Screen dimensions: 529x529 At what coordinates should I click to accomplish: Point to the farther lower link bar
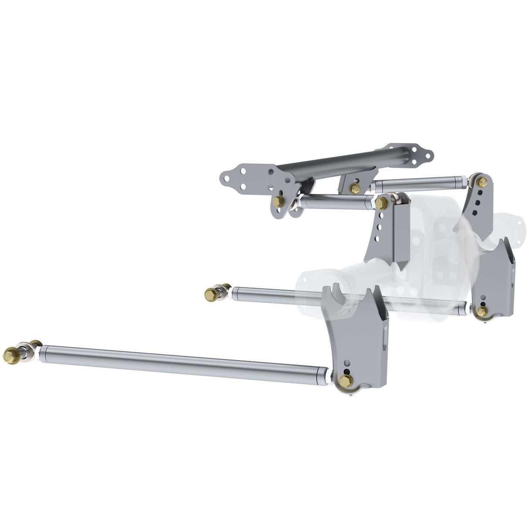279,295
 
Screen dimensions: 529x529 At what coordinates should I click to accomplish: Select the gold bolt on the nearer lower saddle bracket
346,381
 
